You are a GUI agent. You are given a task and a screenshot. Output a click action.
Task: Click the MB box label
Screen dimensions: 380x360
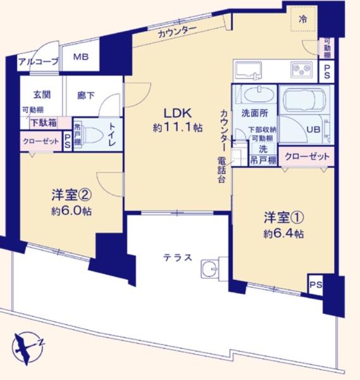tap(80, 58)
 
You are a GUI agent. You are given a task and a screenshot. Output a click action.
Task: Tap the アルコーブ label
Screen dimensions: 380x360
tap(39, 61)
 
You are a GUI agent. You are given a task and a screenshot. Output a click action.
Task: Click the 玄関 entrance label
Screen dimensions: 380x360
tap(42, 95)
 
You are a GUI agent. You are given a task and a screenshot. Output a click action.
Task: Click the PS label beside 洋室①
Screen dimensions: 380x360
tap(315, 285)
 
